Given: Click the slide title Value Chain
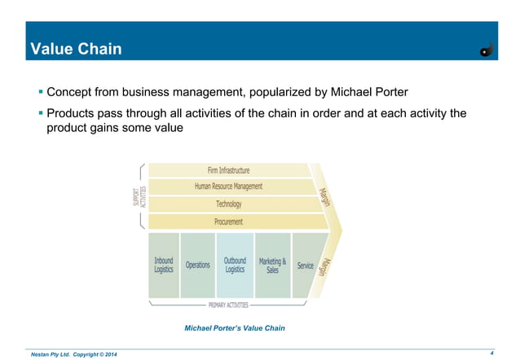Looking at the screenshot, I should (x=76, y=50).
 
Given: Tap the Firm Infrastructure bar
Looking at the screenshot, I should (x=227, y=170).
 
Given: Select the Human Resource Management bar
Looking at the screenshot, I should (x=228, y=187).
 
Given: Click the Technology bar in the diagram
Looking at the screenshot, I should (x=228, y=204).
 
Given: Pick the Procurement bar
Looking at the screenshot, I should (x=228, y=221).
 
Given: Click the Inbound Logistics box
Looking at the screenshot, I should (x=164, y=265).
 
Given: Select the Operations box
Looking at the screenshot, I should (x=197, y=265).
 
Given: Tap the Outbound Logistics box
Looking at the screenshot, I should (x=235, y=265).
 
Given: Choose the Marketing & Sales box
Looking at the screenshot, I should (x=272, y=265).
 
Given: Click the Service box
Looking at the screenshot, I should (x=305, y=265).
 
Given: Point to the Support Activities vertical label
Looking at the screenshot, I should (x=139, y=195).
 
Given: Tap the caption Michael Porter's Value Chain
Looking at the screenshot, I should (x=236, y=328).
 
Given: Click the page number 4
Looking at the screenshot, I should (x=493, y=353).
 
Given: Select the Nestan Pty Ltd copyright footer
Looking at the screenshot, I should (x=73, y=353).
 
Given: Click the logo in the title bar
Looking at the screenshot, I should (x=487, y=50).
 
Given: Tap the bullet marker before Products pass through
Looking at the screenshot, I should (x=40, y=113).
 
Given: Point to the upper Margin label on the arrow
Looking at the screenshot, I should (x=324, y=196).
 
